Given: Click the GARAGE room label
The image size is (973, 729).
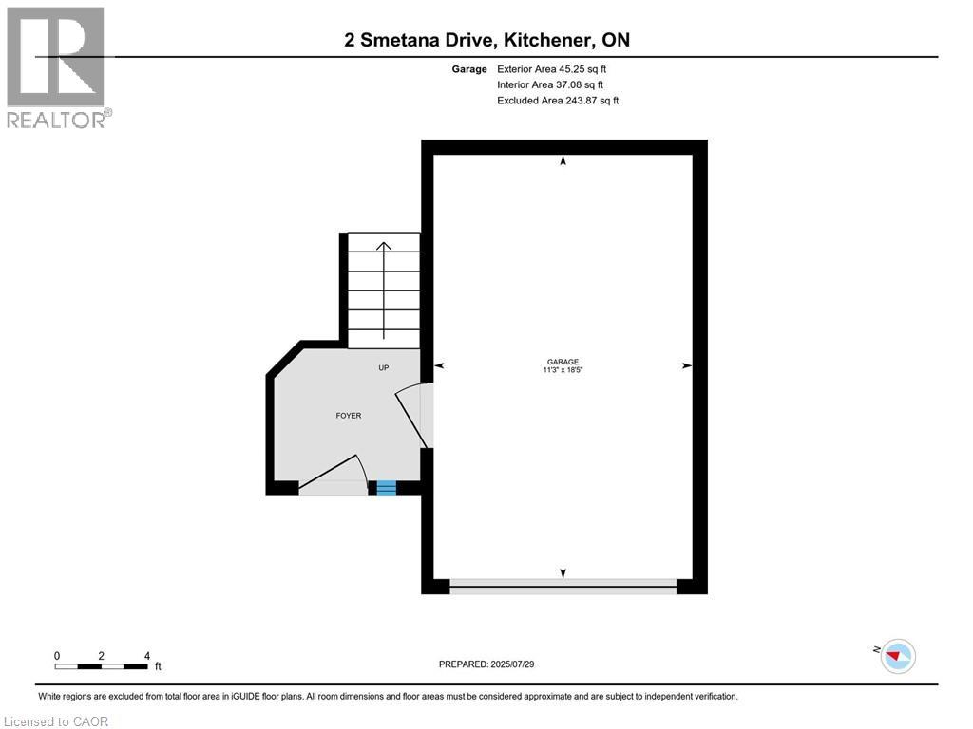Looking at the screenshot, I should pos(563,362).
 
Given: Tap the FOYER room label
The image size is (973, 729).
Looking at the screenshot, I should pos(349,416).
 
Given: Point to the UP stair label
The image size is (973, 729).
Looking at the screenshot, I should pos(384,368).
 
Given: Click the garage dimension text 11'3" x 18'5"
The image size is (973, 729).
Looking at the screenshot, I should pos(563,370).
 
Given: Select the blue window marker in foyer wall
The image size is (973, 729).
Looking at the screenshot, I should pos(386,488).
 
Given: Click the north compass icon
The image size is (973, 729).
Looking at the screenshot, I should pos(897,655).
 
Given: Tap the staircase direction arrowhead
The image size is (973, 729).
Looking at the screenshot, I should pos(384,246).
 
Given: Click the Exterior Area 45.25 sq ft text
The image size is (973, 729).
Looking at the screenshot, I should pos(551,69).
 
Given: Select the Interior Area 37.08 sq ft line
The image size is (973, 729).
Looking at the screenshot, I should pos(549,84).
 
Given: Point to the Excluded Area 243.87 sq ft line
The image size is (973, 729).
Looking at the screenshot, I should pos(557,100).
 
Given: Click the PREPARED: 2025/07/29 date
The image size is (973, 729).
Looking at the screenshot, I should pos(493,664).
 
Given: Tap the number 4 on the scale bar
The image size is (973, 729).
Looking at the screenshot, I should pos(146,656).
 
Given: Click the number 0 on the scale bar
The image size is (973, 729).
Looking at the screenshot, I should pos(57,656).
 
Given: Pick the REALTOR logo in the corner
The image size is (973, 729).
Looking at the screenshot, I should pos(57,66).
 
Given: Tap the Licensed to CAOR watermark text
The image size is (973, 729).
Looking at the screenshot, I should pos(56,721).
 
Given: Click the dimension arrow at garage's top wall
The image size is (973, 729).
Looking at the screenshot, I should pos(563,160).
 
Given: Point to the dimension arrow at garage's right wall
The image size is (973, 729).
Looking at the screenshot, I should pos(686,365).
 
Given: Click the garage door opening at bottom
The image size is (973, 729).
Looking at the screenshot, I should pos(563,588).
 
